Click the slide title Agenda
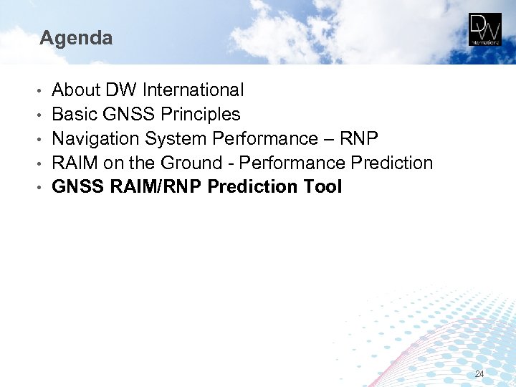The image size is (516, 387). tap(76, 38)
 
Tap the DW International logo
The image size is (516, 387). tap(485, 29)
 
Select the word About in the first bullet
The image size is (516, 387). tap(76, 90)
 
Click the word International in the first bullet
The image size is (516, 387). tap(193, 90)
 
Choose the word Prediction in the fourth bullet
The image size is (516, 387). tap(391, 163)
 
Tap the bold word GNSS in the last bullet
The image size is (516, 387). tap(78, 188)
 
